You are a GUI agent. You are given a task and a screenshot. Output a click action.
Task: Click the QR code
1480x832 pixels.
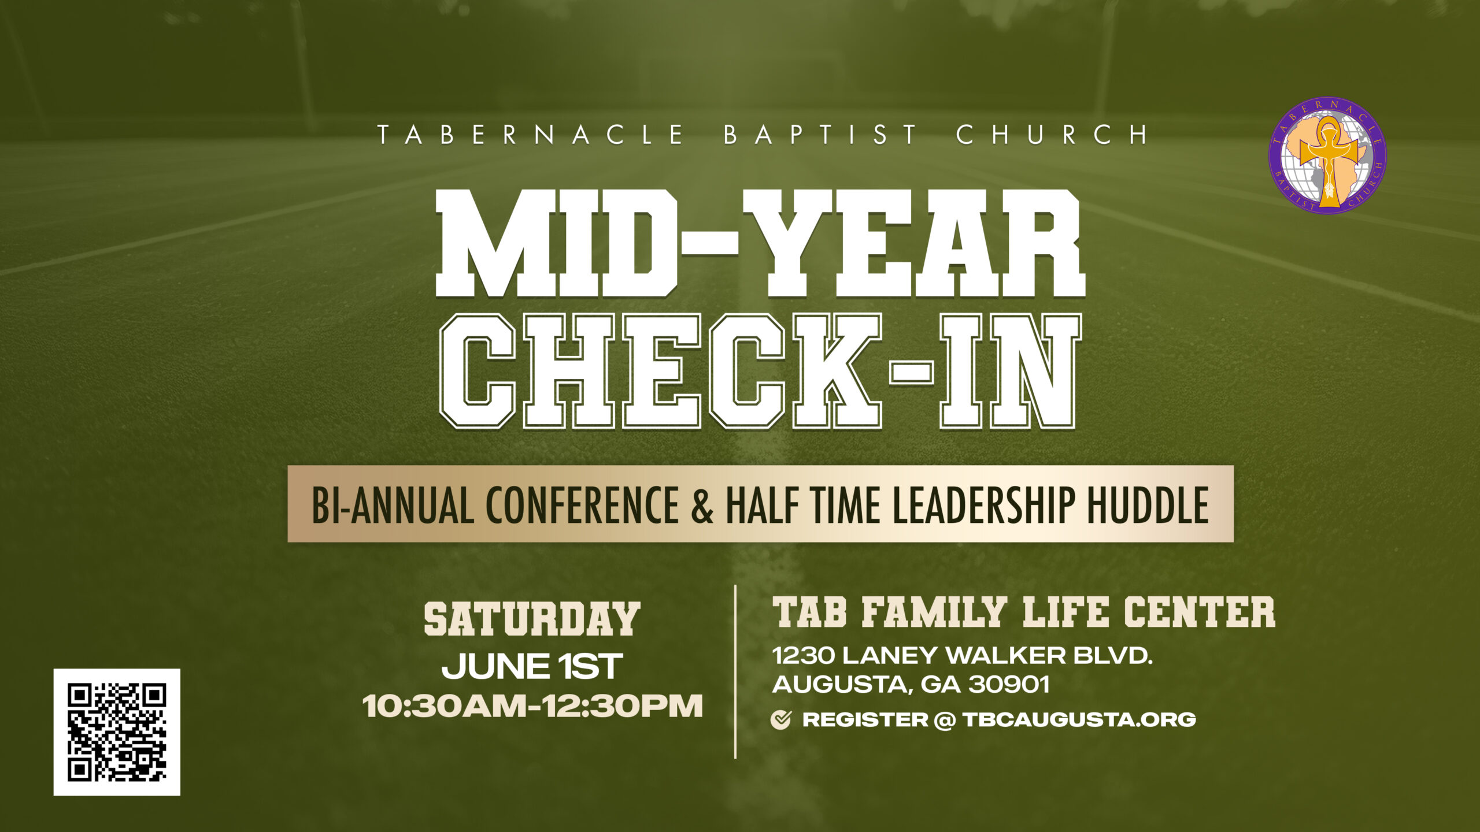point(117,732)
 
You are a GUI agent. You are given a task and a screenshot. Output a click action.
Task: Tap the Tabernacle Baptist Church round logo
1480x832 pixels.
point(1327,156)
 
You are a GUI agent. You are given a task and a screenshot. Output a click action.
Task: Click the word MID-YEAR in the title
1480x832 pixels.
point(760,243)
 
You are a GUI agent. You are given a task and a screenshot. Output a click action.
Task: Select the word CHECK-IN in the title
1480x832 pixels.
point(760,372)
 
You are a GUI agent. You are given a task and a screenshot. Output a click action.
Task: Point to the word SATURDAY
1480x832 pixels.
point(532,619)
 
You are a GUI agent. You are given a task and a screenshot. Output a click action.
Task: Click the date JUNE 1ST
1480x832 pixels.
point(532,666)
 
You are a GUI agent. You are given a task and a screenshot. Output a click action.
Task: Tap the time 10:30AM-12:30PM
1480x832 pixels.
point(532,706)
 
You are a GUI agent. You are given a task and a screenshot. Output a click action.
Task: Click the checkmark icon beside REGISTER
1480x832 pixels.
point(781,720)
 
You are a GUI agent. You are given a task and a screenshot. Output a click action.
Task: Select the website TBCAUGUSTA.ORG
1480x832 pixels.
point(1079,720)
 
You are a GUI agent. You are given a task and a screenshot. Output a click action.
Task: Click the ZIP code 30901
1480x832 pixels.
point(1009,685)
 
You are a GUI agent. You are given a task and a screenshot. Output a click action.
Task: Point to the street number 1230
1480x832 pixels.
point(803,656)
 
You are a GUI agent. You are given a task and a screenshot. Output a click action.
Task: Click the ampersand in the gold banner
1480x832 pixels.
point(702,505)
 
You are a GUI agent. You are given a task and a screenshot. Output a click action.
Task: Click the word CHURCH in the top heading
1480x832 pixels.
point(1052,134)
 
